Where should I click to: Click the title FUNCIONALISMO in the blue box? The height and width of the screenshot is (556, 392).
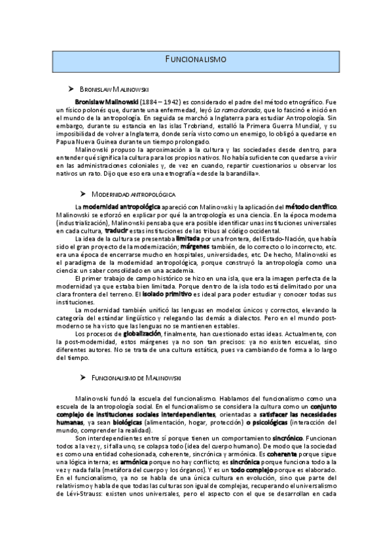point(196,59)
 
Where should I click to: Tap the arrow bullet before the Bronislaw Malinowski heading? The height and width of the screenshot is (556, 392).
point(71,88)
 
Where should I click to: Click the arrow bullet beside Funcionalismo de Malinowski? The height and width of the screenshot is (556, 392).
point(82,377)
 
